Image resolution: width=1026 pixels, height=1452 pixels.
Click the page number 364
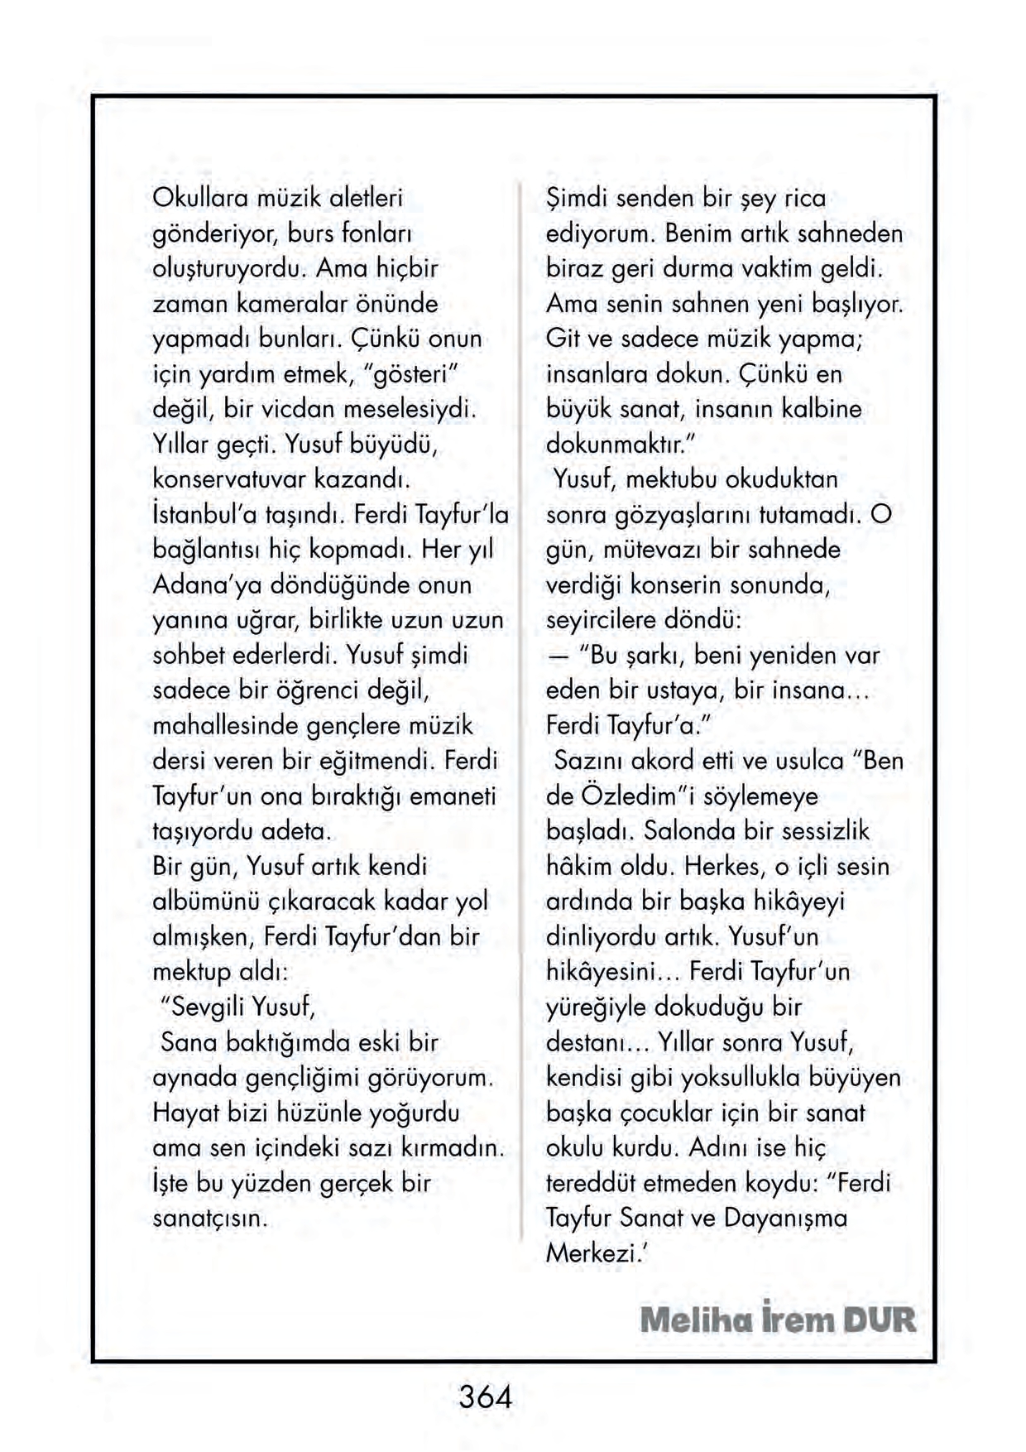486,1397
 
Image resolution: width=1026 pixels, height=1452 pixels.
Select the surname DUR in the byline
880,1320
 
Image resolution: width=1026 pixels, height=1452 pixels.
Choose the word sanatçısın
210,1219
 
